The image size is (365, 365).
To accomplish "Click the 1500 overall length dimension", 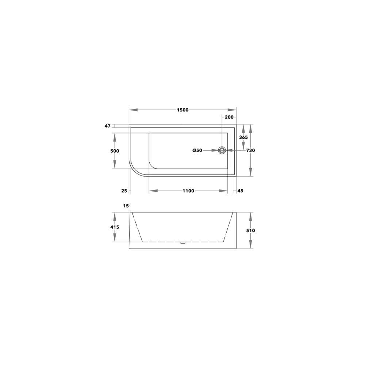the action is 182,110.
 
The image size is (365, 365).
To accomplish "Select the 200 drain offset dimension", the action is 229,117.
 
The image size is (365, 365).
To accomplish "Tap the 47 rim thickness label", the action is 107,126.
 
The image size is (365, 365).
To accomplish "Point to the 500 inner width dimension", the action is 115,151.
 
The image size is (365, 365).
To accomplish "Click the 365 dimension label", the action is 243,137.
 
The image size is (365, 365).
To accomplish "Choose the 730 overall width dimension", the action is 251,150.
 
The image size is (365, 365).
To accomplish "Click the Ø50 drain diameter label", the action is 197,151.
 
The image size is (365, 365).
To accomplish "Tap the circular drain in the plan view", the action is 222,150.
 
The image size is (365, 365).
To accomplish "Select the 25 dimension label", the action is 124,191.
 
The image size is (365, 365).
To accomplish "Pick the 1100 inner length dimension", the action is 188,191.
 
